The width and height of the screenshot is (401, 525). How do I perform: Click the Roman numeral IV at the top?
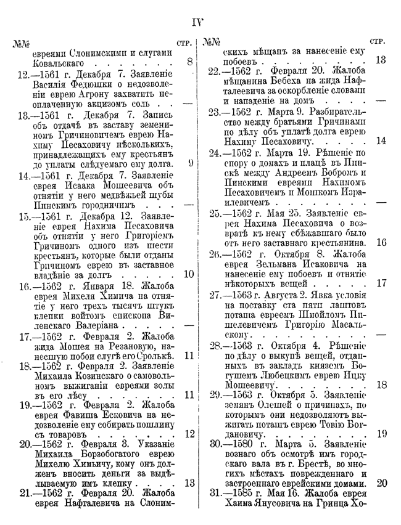[x=198, y=23]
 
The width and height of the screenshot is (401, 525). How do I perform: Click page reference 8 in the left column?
[x=189, y=62]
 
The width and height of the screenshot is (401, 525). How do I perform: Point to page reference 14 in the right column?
[x=380, y=140]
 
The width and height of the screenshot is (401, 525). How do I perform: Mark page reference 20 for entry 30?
[x=381, y=483]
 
